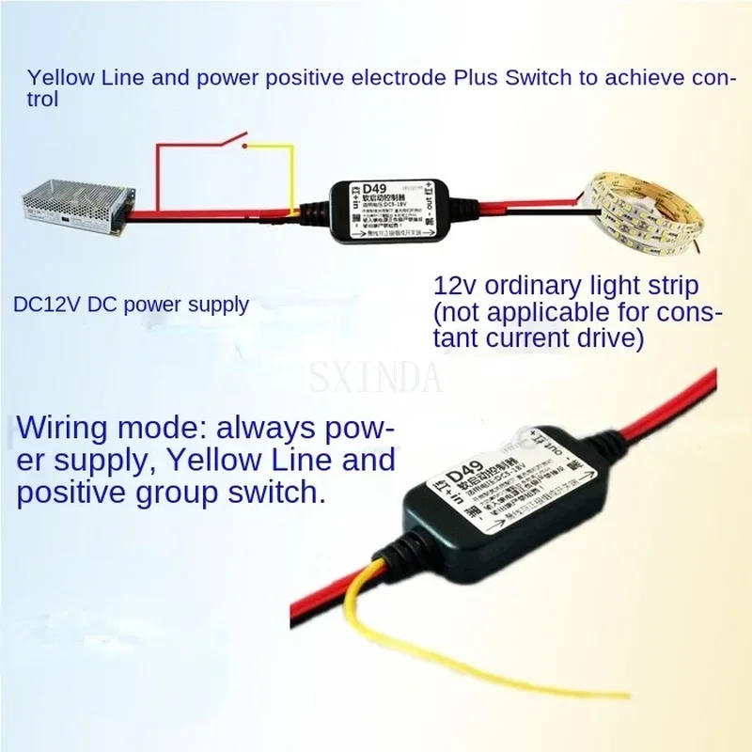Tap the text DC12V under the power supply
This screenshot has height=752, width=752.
point(41,304)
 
